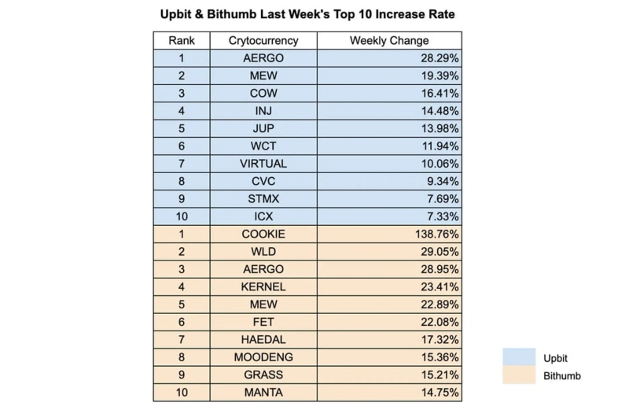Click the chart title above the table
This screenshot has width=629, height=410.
click(307, 14)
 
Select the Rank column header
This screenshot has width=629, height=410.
click(181, 41)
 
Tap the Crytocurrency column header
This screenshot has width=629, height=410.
click(263, 41)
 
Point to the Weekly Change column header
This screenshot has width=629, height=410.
click(389, 41)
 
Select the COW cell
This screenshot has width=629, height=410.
click(263, 94)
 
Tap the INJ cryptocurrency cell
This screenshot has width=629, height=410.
click(263, 111)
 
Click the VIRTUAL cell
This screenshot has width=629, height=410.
click(263, 164)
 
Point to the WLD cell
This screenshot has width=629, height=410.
click(263, 252)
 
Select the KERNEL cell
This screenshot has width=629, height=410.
click(263, 287)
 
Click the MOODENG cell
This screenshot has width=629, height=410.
click(263, 357)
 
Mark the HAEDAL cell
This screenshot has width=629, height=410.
click(263, 340)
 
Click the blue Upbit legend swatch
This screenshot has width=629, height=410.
click(519, 357)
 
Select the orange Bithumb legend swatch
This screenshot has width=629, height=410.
click(519, 375)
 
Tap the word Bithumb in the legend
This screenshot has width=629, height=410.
click(561, 375)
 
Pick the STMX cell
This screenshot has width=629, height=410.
click(263, 199)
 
